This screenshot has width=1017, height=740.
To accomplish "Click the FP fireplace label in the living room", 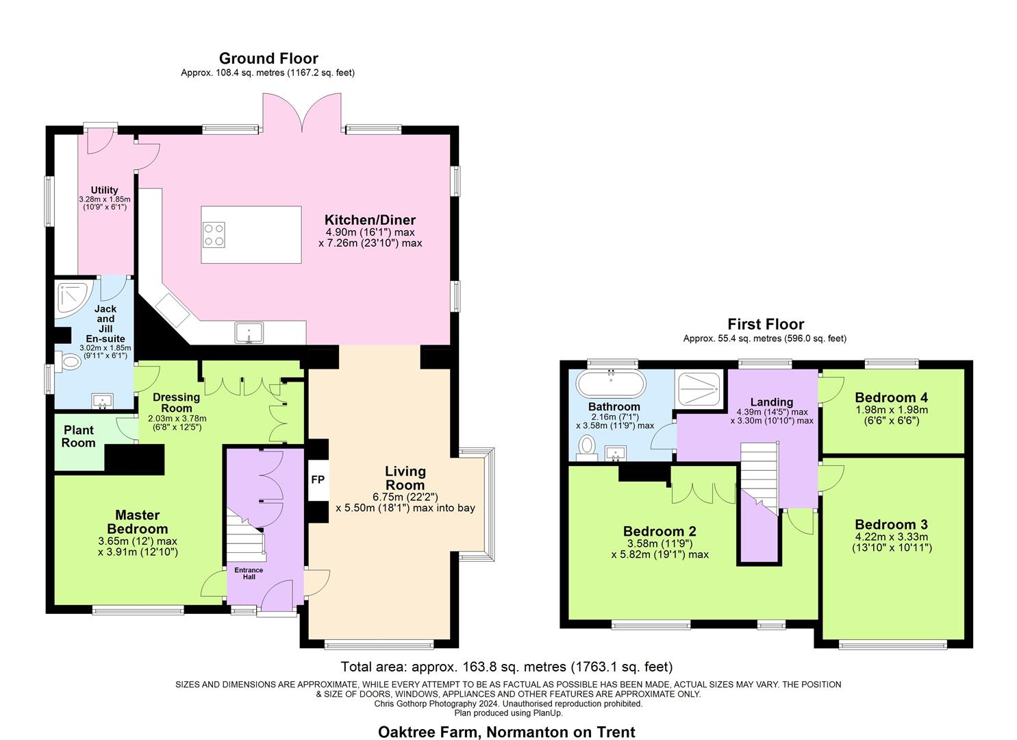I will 318,480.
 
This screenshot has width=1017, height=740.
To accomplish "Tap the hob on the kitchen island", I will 214,235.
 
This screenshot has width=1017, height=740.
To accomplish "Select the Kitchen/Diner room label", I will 370,220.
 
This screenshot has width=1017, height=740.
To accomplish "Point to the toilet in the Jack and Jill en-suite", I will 68,361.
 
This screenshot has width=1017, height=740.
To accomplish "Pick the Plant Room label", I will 79,436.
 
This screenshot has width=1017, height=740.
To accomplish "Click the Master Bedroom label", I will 137,522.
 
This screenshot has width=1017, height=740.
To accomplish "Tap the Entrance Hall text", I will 249,573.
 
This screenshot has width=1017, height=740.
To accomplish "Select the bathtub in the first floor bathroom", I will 610,385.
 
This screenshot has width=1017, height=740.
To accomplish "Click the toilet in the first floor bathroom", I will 587,447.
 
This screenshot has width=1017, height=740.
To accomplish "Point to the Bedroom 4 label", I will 891,397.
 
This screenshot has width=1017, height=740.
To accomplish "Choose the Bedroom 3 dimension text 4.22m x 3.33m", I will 891,537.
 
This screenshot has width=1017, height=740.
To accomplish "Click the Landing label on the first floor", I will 771,402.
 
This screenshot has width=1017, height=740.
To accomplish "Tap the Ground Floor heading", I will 268,58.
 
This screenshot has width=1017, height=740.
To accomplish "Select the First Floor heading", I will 765,324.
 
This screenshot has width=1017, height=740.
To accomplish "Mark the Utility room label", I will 104,190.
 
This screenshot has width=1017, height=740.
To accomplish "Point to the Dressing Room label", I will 176,402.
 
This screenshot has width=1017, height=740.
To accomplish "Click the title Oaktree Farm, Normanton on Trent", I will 507,732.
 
